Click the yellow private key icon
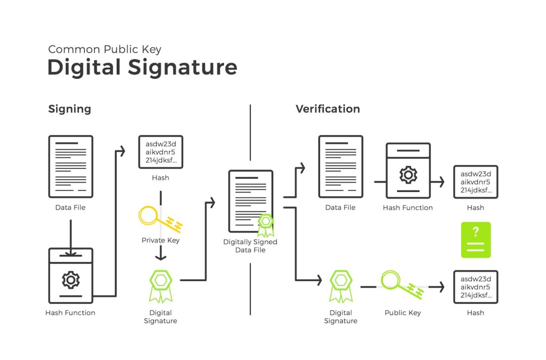click(159, 219)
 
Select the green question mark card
click(476, 240)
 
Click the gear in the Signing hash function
click(70, 279)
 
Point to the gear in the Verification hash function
click(408, 174)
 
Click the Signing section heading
click(70, 109)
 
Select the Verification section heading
click(327, 109)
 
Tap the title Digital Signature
click(142, 68)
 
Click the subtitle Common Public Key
click(105, 50)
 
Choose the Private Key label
click(160, 240)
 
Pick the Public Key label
click(403, 313)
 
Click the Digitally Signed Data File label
click(250, 246)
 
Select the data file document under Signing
click(70, 166)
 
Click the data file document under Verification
click(340, 166)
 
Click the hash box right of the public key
click(476, 287)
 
